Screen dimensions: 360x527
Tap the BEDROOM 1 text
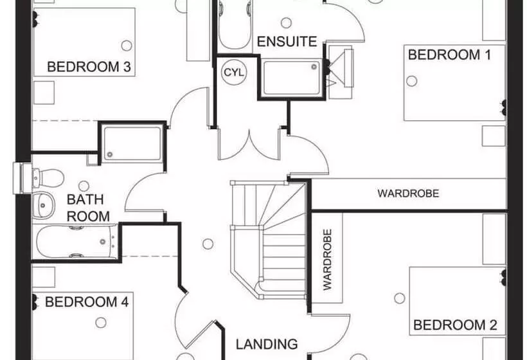(x=449, y=55)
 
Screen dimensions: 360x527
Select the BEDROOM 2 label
(x=455, y=325)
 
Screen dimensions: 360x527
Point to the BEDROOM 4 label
(x=82, y=301)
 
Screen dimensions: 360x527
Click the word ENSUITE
(x=287, y=42)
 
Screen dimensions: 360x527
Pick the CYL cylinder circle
(x=233, y=73)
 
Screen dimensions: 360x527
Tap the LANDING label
(x=266, y=344)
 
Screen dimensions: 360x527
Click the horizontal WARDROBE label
(x=408, y=193)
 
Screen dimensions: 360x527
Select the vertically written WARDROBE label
(x=327, y=260)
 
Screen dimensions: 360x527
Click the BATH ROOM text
(x=88, y=208)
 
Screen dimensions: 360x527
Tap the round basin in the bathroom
(x=44, y=204)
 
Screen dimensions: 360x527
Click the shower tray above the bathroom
(x=132, y=143)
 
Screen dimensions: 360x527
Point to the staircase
(x=268, y=238)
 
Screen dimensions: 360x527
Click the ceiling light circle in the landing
(x=207, y=244)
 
